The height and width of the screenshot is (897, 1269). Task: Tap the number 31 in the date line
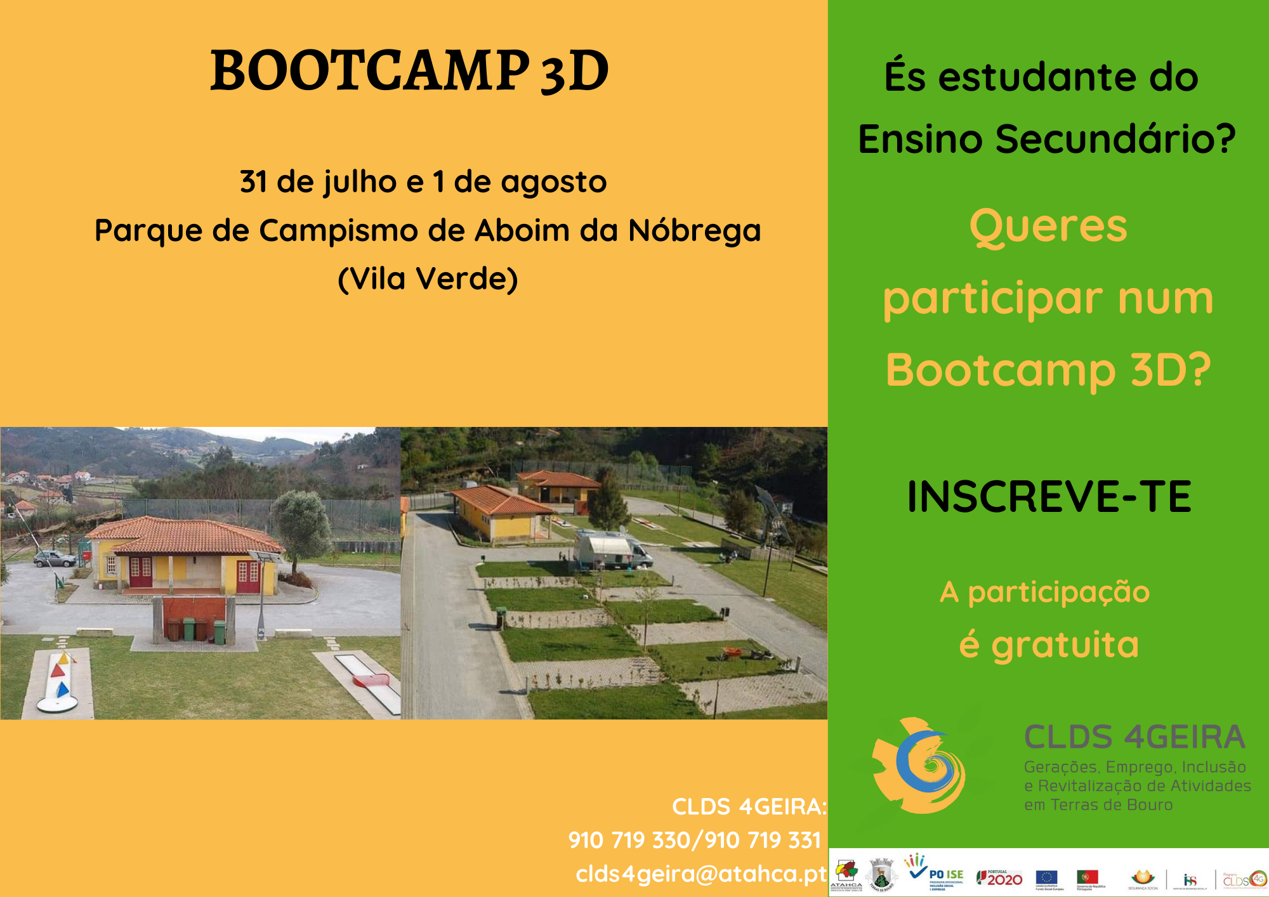253,182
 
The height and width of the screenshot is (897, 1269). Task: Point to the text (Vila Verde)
428,278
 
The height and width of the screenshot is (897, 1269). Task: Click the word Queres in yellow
1048,226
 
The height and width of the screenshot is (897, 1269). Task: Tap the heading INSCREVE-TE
1049,497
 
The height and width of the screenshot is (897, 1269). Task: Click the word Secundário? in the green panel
1115,139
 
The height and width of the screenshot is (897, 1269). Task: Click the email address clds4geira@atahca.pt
701,874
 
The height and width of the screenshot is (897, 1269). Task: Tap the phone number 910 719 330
629,841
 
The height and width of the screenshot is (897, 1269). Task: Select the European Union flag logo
1046,877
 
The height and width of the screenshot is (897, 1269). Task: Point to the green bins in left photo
203,629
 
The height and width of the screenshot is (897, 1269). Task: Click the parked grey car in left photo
54,559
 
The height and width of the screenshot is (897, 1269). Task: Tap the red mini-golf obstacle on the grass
371,681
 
